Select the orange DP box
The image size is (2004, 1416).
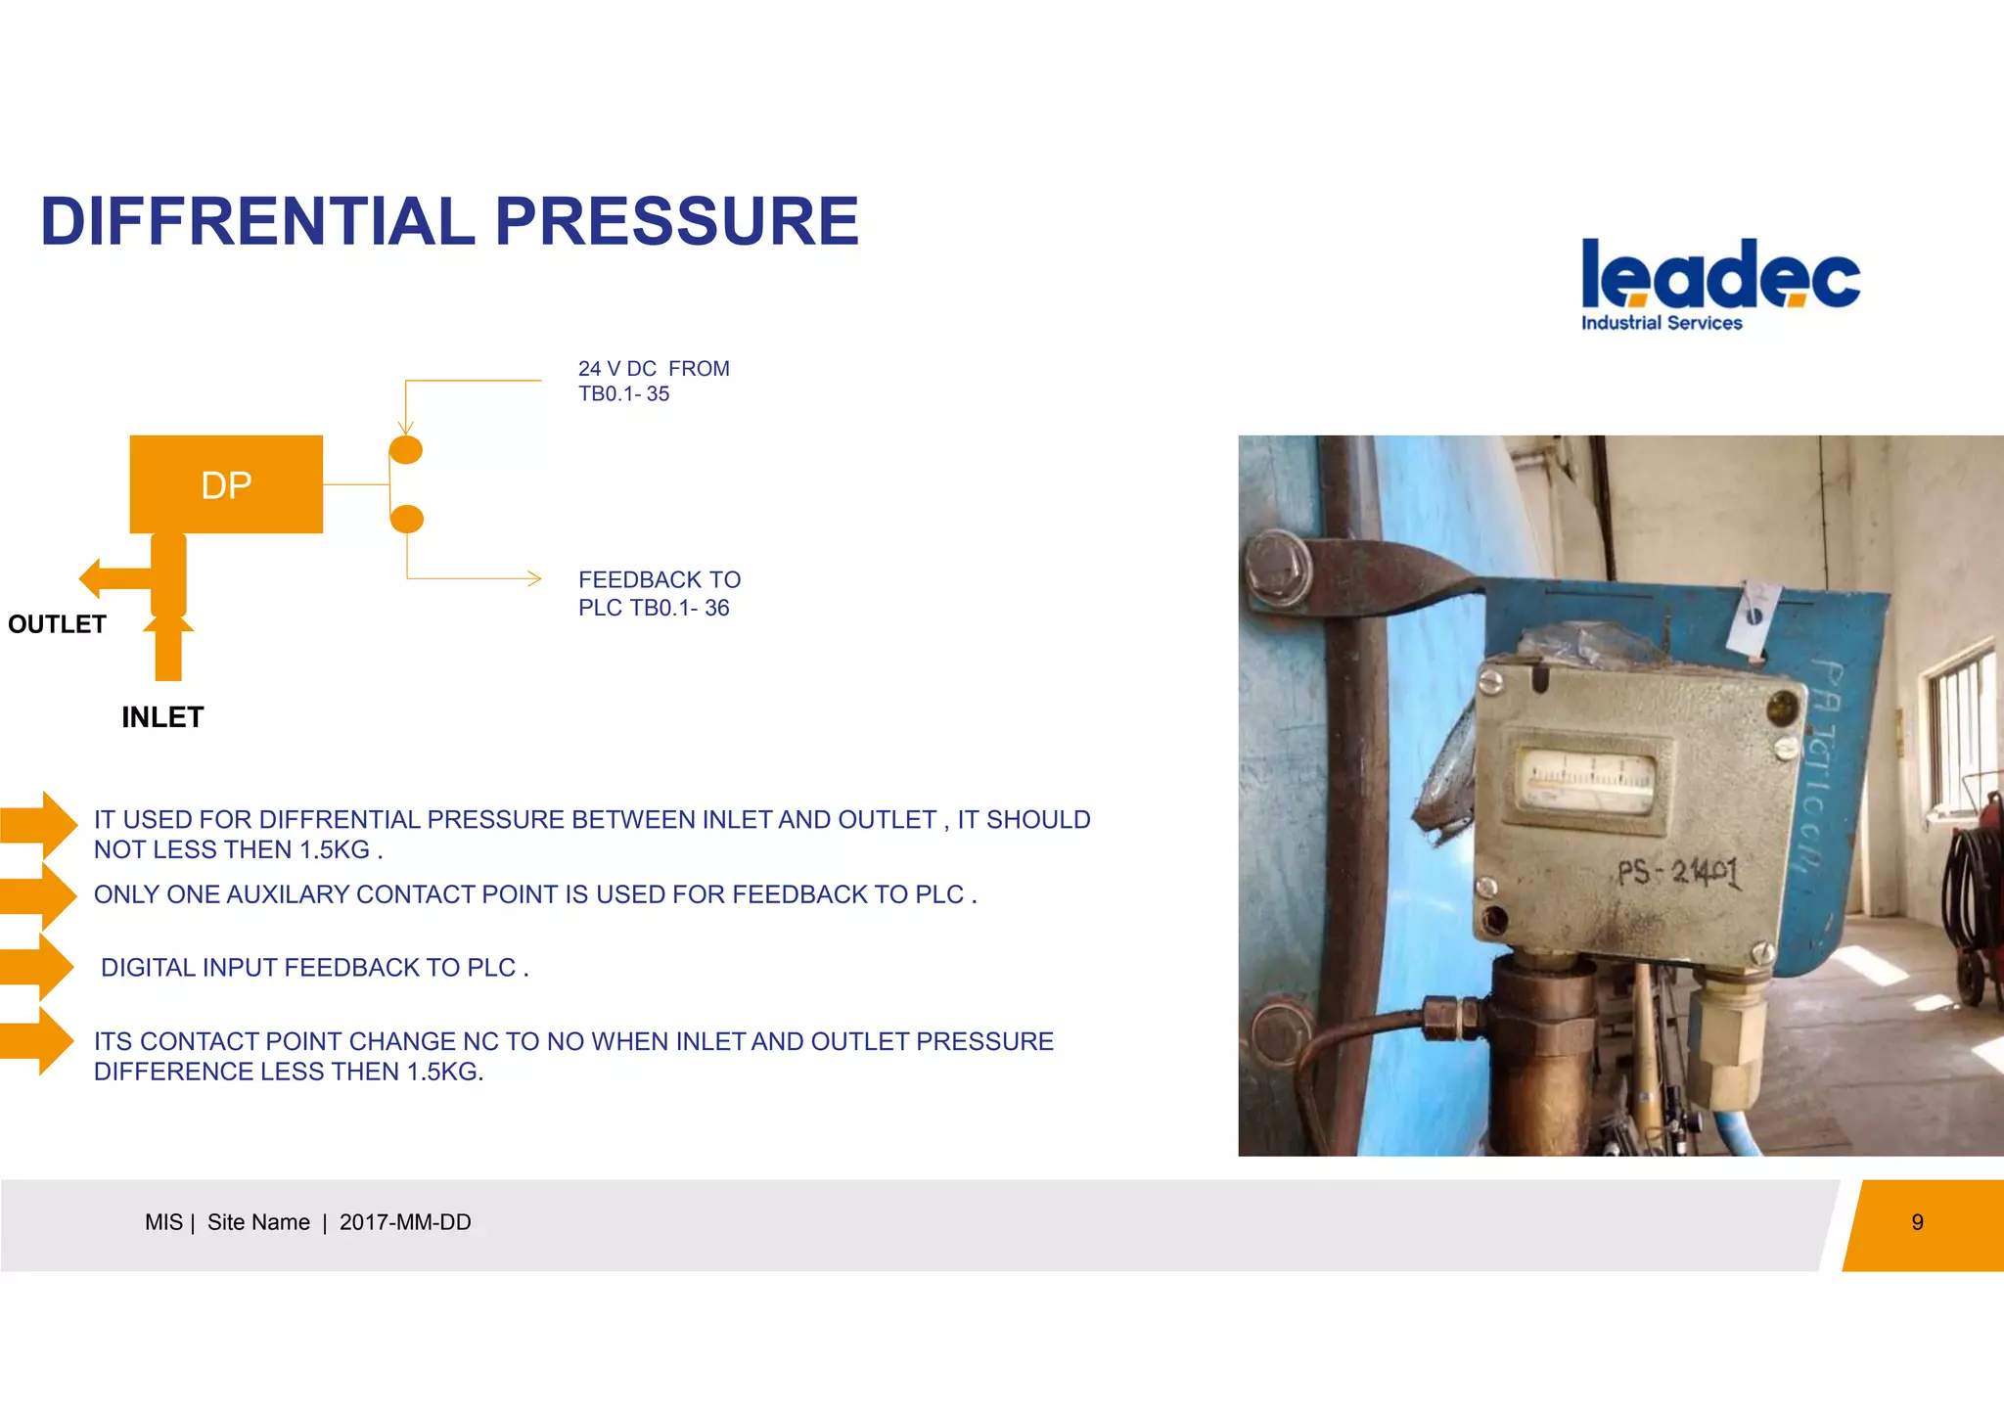tap(226, 484)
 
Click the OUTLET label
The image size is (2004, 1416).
tap(57, 624)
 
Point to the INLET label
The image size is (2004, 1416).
tap(162, 717)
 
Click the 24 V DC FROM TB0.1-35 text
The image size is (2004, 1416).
tap(653, 381)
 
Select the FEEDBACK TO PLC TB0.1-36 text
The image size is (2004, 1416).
tap(659, 594)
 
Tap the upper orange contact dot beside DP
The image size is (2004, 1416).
tap(406, 450)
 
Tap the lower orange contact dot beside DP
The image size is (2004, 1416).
tap(406, 519)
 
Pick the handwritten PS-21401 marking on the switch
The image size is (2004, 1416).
tap(1677, 870)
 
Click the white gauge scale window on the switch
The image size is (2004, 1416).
tap(1585, 779)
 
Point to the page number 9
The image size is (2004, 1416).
tap(1917, 1222)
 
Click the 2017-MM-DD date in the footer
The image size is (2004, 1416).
tap(405, 1222)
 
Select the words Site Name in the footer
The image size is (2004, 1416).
tap(258, 1222)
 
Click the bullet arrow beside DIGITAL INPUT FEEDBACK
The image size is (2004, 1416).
tap(39, 967)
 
